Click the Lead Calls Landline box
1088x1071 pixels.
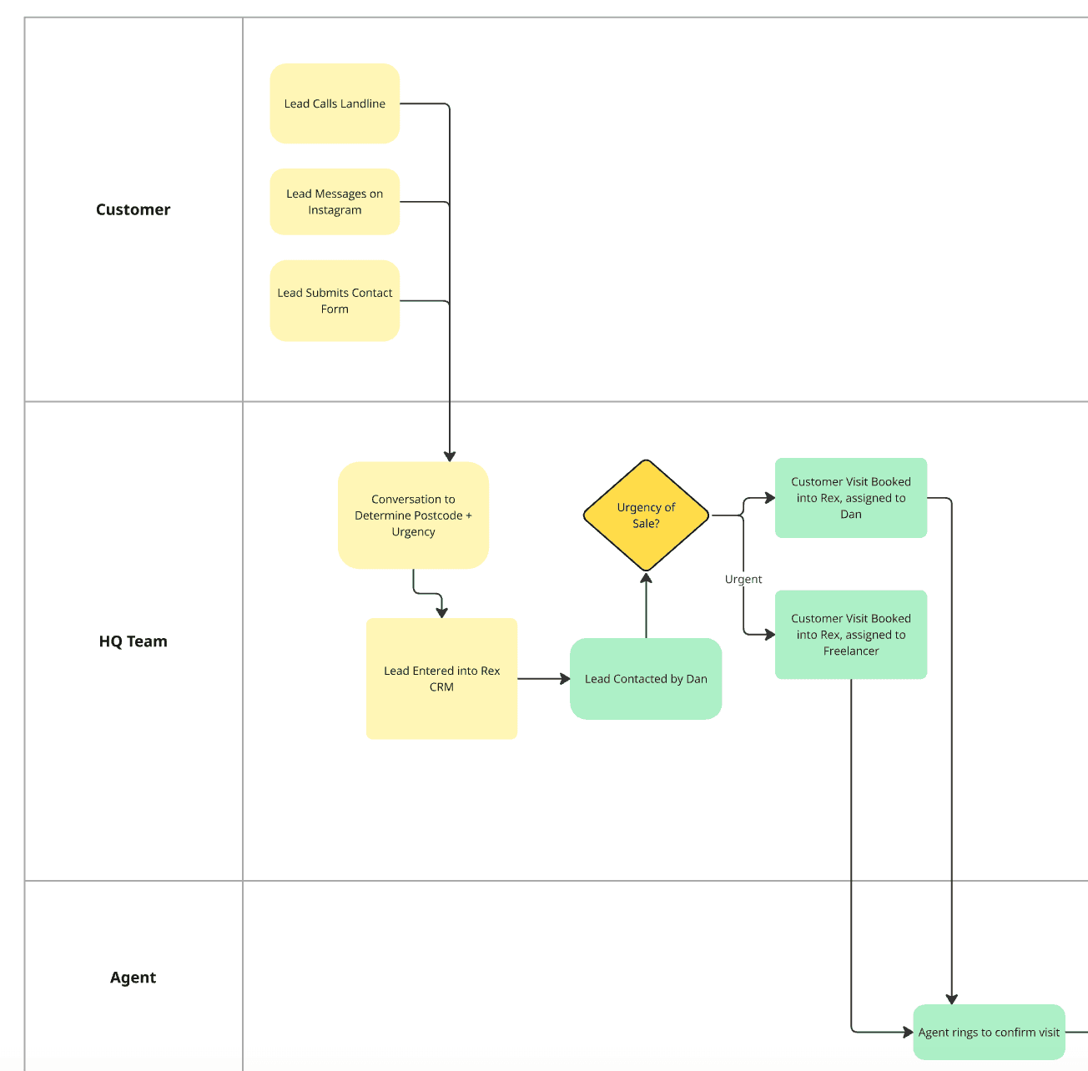(335, 103)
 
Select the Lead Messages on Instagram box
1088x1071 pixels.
(335, 201)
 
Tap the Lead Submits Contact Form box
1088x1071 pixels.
(335, 300)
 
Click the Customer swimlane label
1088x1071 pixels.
(133, 209)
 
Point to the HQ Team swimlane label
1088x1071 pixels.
(133, 641)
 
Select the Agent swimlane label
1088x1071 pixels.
(133, 978)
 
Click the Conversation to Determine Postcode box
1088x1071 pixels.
(413, 515)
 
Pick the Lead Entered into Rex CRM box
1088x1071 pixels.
(441, 678)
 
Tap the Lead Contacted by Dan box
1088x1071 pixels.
(645, 679)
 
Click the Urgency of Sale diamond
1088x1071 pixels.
(646, 515)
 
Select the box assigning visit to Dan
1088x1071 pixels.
(850, 498)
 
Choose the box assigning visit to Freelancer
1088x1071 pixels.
(850, 635)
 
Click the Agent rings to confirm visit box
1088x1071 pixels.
(989, 1032)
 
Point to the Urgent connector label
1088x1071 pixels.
(743, 579)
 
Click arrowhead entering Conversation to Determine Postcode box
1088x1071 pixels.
(450, 455)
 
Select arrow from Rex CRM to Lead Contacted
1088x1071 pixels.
(542, 679)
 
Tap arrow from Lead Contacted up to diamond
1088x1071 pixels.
(646, 605)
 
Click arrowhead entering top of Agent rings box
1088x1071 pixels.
(951, 998)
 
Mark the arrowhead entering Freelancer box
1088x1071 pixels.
(769, 635)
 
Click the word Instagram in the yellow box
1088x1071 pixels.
(335, 210)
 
